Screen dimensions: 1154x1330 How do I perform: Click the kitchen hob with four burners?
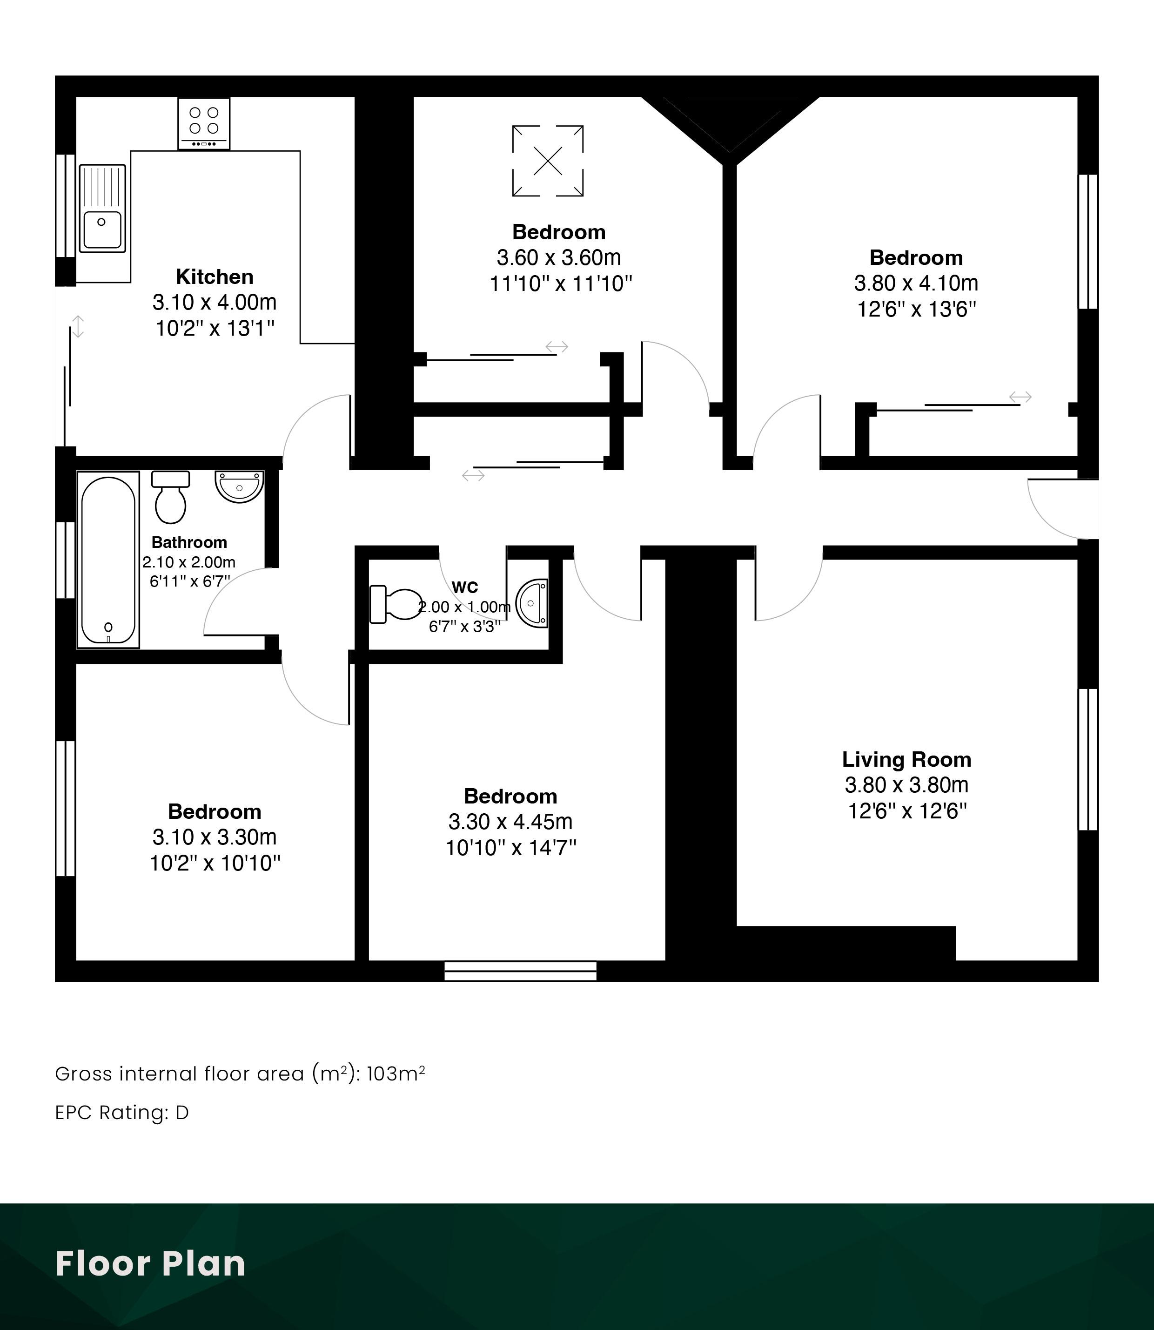(x=203, y=124)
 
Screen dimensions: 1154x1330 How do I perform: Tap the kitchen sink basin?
(x=101, y=230)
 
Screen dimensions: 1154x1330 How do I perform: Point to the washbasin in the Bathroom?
(x=240, y=486)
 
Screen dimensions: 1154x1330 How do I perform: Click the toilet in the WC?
(x=396, y=604)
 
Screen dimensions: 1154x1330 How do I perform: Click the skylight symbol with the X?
(x=548, y=161)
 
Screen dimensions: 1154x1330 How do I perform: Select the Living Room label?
(x=907, y=760)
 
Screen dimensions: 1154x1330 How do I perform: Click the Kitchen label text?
(x=215, y=277)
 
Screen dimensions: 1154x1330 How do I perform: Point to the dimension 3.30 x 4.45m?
(x=510, y=822)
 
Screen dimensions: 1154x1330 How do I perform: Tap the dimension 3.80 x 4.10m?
(x=916, y=283)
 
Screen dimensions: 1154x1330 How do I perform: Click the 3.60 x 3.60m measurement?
(x=559, y=258)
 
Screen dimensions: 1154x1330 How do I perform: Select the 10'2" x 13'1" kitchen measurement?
(x=215, y=329)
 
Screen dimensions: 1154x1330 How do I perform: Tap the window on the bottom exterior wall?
(x=520, y=971)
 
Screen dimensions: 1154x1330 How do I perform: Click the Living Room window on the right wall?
(x=1088, y=760)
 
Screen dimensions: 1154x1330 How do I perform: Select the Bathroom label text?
(x=189, y=543)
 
